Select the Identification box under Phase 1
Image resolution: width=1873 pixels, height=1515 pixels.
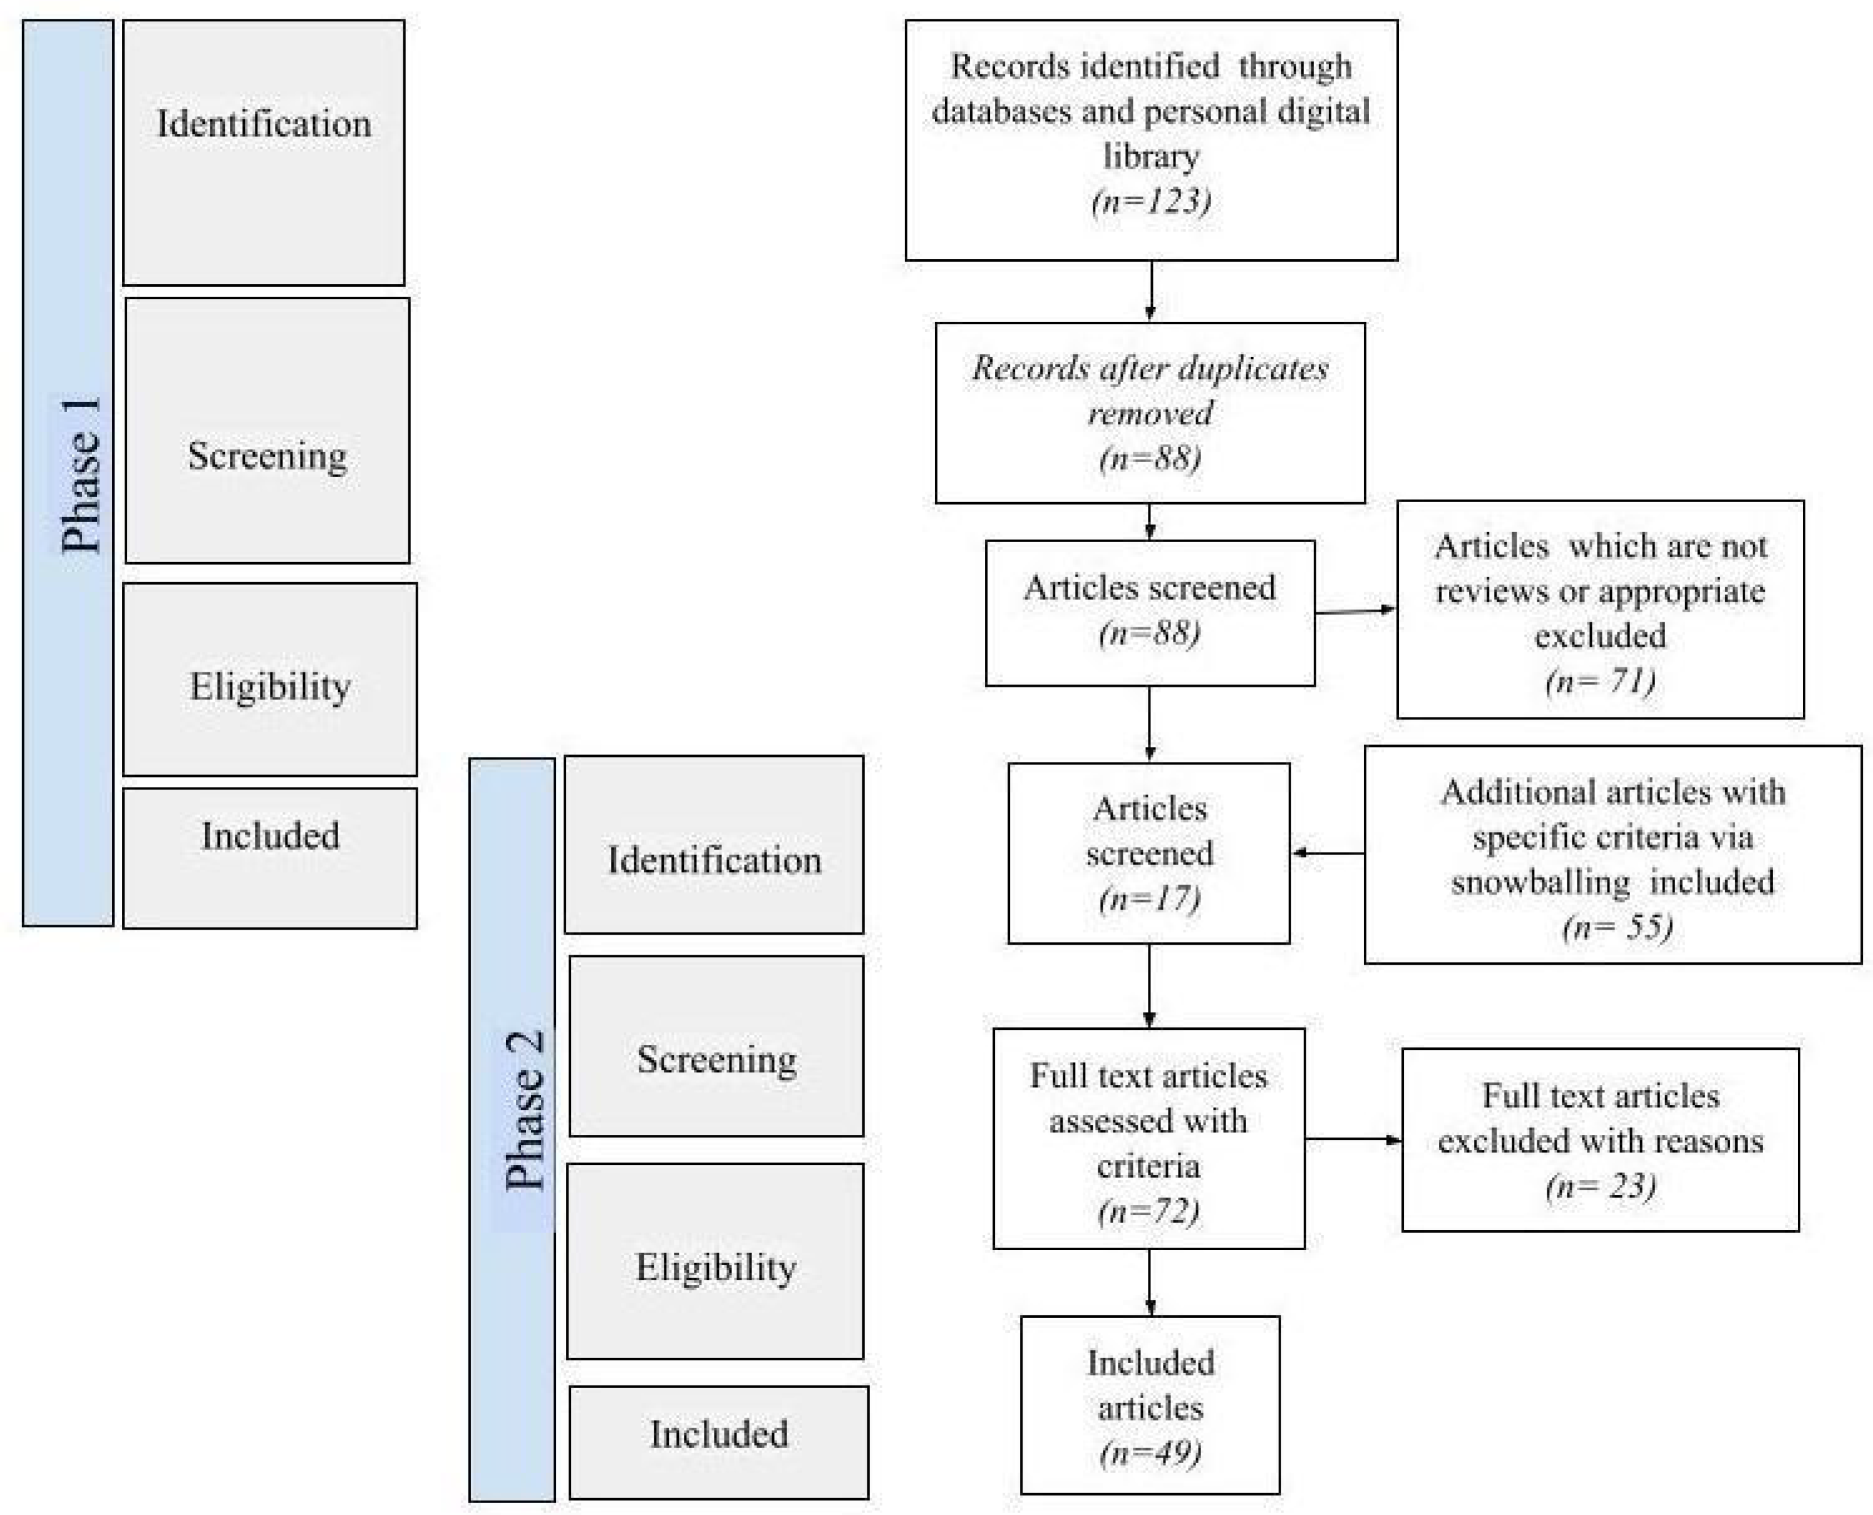click(264, 153)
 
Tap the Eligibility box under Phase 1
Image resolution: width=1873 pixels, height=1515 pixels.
click(270, 679)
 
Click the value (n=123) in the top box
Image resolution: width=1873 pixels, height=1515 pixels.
click(1150, 202)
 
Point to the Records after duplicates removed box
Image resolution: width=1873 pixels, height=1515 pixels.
click(1150, 413)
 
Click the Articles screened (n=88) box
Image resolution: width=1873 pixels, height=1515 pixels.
click(1150, 613)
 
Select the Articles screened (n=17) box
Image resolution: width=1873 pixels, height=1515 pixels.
click(1148, 853)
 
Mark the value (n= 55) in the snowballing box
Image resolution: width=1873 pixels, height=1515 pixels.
click(1616, 927)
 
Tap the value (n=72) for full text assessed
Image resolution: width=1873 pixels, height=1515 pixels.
click(1148, 1210)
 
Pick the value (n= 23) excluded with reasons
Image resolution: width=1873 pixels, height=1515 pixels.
click(1600, 1186)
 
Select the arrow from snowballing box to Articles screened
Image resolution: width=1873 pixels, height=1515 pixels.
click(1328, 853)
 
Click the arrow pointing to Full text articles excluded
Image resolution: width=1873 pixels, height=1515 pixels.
click(1353, 1139)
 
